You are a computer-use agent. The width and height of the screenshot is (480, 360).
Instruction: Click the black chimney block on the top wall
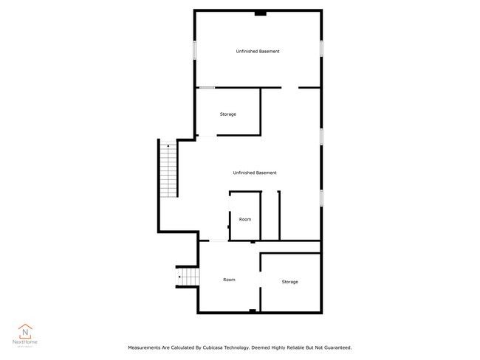point(261,13)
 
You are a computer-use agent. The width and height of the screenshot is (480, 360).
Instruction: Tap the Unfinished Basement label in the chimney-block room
point(258,52)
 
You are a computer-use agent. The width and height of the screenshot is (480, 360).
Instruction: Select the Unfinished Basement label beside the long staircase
point(255,173)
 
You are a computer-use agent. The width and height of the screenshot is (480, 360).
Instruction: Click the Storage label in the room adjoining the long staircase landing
point(228,114)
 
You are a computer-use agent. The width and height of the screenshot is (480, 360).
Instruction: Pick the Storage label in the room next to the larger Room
point(290,282)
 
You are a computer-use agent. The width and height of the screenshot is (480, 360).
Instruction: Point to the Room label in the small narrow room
point(245,219)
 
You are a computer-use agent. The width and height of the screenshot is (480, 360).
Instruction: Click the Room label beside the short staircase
point(229,280)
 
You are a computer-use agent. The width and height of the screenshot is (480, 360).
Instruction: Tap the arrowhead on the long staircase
point(168,146)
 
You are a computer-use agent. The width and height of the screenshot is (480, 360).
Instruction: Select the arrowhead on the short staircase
point(179,277)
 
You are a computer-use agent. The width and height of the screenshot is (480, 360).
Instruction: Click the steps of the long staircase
point(168,170)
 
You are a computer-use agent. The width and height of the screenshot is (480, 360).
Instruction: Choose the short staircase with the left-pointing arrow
point(188,277)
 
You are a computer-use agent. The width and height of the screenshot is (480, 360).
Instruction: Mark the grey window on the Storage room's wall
point(207,88)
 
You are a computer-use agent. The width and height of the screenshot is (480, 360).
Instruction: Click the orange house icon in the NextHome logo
point(25,331)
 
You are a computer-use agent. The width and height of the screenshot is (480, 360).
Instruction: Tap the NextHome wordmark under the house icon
point(25,342)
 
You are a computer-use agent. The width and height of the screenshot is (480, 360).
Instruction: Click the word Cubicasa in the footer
point(212,347)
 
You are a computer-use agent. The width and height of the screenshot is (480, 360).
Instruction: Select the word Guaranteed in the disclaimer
point(337,347)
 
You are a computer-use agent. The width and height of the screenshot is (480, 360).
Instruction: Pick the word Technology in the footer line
point(237,347)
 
